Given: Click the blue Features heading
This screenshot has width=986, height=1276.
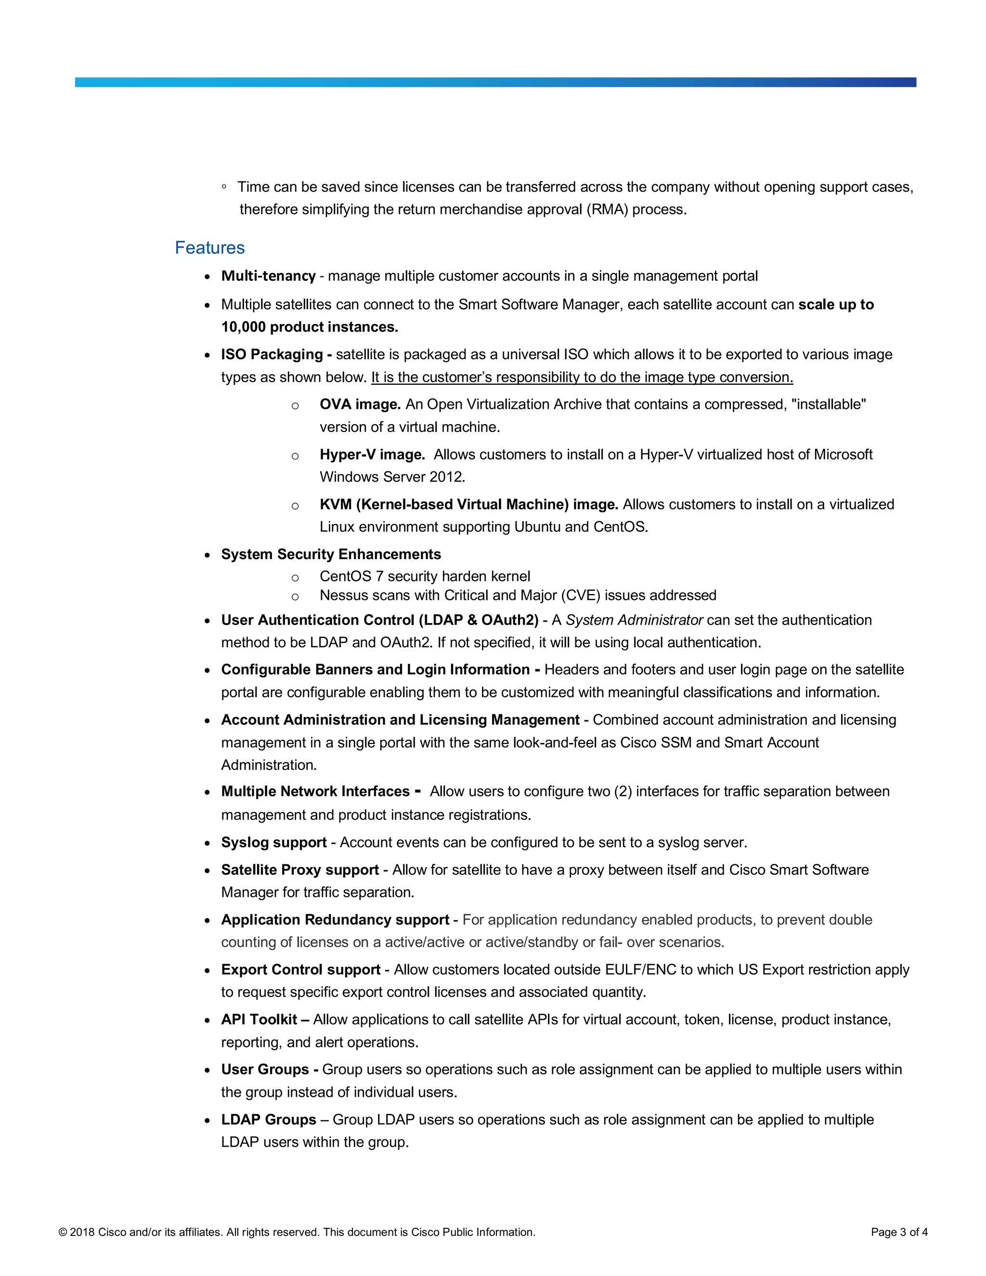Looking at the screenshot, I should click(210, 247).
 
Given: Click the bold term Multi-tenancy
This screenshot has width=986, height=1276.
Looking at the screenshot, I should click(268, 276).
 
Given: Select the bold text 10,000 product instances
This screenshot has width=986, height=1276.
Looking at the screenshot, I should click(310, 326).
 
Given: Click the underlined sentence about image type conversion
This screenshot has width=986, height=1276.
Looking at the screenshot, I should click(582, 378).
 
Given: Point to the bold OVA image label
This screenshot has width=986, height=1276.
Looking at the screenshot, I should click(360, 404).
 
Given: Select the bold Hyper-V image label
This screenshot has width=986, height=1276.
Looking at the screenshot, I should click(372, 455).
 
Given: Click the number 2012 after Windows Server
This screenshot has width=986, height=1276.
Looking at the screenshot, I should click(447, 477).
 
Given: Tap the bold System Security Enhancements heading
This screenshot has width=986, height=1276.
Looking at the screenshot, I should click(331, 554).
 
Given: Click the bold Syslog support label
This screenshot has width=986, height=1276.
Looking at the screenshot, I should click(273, 843).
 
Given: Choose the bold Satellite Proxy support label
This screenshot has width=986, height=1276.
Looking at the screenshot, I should click(299, 870).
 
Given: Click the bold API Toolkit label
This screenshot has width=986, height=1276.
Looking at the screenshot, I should click(259, 1019).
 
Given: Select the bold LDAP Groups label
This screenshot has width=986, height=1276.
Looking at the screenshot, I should click(268, 1120).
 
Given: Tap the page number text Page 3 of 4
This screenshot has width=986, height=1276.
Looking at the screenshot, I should click(899, 1232).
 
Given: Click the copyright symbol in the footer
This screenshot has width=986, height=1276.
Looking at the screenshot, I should click(63, 1232).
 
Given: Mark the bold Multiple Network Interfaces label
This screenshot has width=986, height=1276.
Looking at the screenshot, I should click(315, 792).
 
